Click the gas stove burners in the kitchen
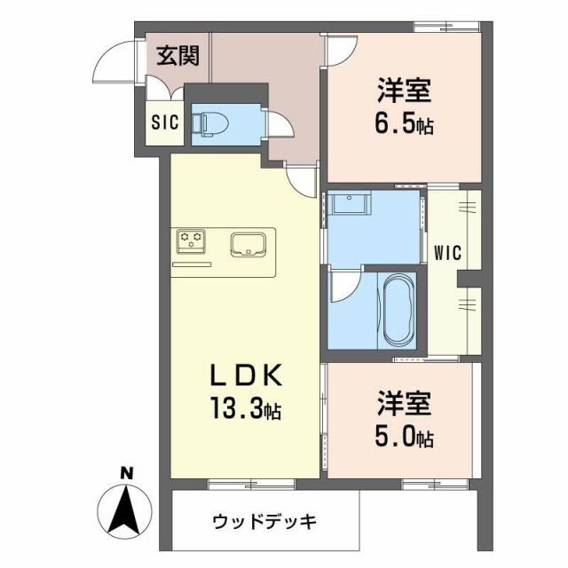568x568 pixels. point(191,238)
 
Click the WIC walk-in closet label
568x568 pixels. point(447,252)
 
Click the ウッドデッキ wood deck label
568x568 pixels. point(264,520)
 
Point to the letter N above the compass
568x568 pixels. point(126,475)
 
